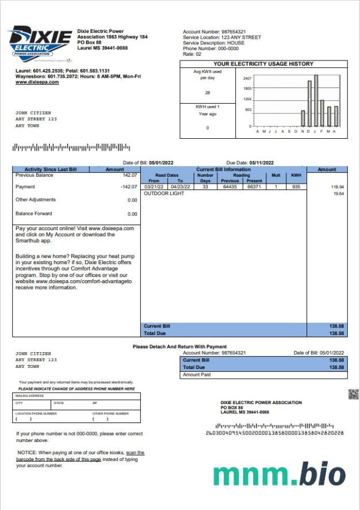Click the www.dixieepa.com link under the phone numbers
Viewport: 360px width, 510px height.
37,82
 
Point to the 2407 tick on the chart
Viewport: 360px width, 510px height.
248,78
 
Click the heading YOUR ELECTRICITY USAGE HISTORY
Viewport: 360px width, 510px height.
263,64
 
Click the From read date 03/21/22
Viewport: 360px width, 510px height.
154,187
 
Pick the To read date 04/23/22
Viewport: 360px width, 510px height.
180,187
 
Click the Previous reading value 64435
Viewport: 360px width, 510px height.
231,187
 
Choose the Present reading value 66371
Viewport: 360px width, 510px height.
254,187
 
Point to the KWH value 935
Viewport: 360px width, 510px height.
296,187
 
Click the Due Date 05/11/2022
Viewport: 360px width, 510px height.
262,163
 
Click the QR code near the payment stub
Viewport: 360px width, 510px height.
354,394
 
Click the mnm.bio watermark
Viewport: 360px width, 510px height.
279,474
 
